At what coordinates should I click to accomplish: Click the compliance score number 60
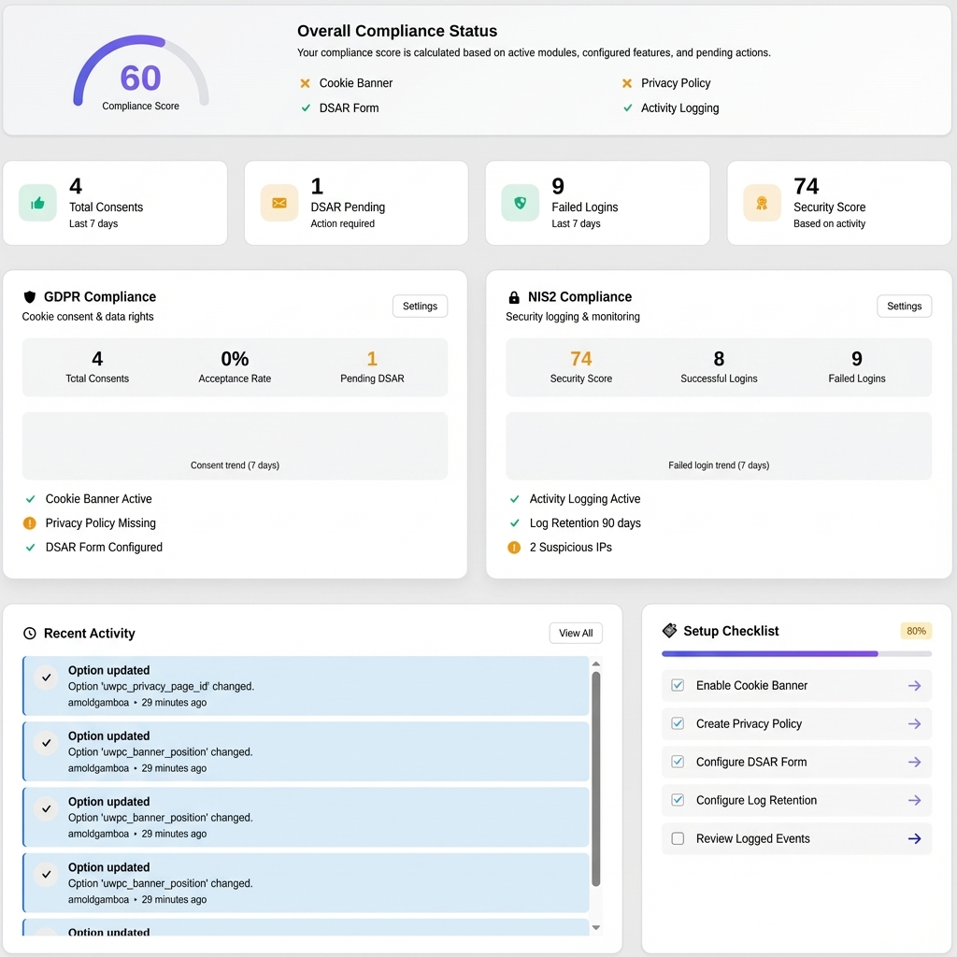click(140, 79)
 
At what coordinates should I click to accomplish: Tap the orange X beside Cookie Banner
click(305, 83)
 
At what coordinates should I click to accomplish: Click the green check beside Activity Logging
click(627, 108)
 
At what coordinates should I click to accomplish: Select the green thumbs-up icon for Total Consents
click(37, 203)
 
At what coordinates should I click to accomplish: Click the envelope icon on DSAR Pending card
click(279, 203)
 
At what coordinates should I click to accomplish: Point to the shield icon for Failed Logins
click(520, 203)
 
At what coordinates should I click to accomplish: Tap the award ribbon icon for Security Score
click(762, 203)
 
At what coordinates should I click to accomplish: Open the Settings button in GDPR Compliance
click(420, 307)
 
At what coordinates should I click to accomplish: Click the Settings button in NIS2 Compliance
click(904, 307)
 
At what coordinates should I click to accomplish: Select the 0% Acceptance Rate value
click(235, 359)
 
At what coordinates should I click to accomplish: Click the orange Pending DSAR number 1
click(372, 359)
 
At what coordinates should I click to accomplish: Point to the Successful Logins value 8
click(719, 359)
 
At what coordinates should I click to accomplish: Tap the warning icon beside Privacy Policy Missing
click(30, 523)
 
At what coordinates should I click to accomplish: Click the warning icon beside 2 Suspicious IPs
click(514, 548)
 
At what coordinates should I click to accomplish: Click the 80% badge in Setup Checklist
click(916, 631)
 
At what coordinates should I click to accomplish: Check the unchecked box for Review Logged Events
click(678, 838)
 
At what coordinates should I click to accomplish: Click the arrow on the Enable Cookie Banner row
click(914, 686)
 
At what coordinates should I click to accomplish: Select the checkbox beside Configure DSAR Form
click(678, 762)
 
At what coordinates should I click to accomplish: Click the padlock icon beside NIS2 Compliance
click(513, 297)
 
